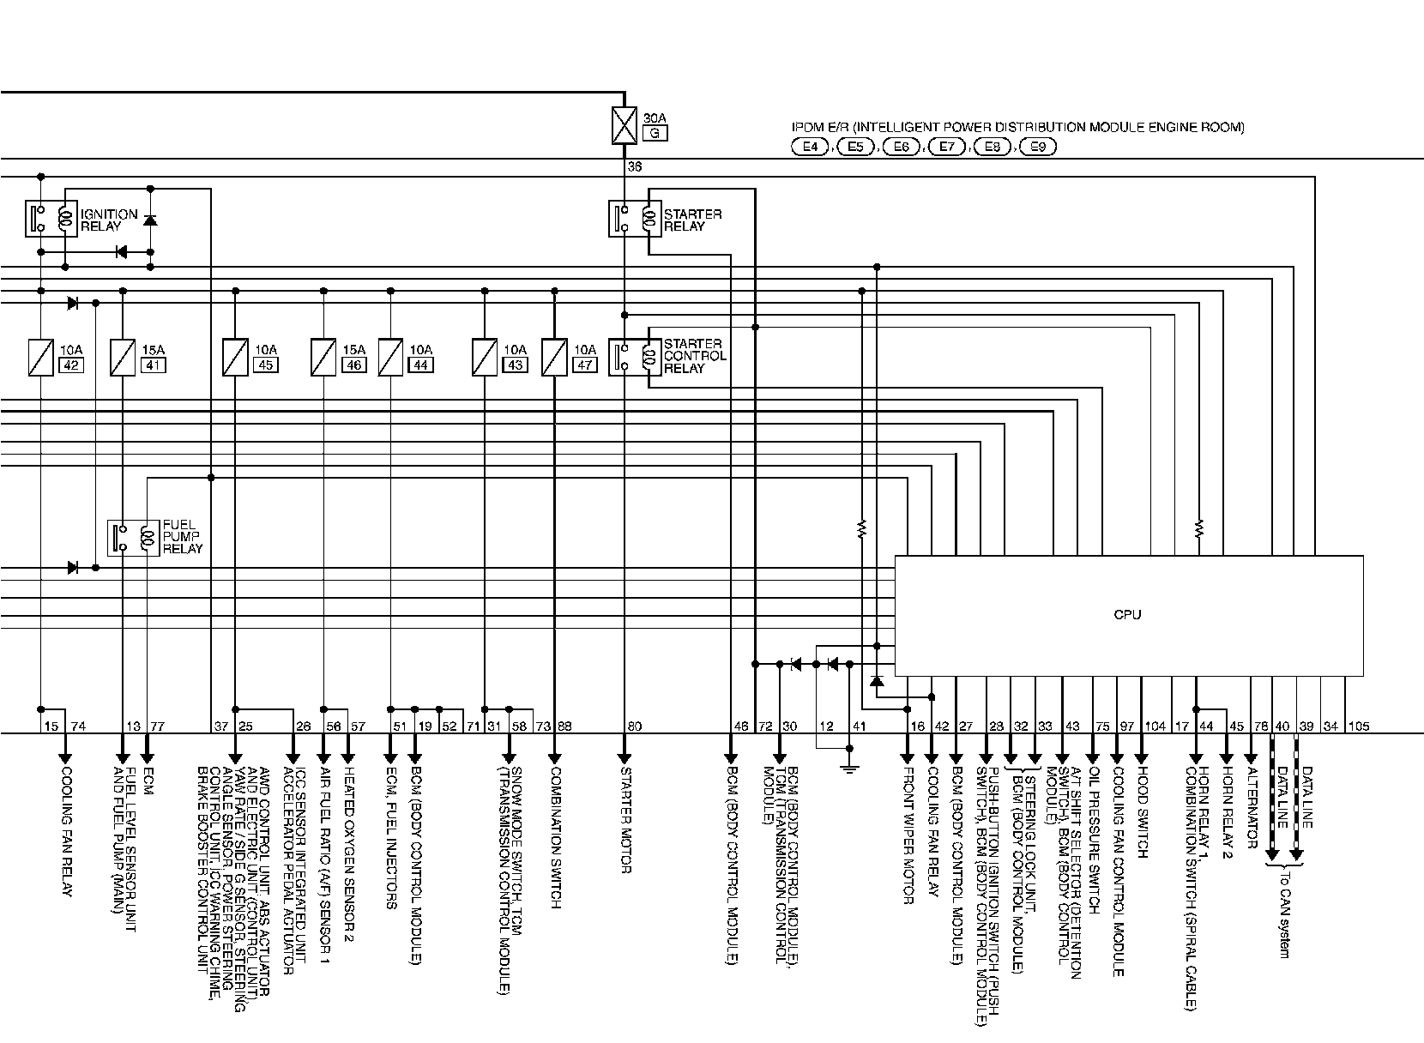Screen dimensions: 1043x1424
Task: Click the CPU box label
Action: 1127,614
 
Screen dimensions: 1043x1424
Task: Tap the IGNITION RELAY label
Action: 108,220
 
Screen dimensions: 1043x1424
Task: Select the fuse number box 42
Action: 70,365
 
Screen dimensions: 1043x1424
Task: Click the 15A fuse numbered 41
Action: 123,357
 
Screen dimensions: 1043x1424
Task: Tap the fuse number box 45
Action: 265,365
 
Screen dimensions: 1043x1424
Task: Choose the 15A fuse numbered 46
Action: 323,357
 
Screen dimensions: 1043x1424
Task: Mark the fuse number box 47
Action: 584,365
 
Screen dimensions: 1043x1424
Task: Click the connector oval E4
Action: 809,147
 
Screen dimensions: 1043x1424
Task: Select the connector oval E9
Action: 1037,147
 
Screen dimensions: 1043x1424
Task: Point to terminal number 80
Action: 634,726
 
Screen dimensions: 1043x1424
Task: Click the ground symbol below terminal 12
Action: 849,766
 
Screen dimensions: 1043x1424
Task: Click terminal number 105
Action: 1358,726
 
